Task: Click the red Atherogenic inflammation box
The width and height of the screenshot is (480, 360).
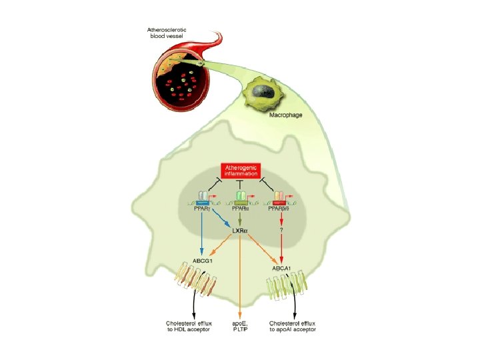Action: point(240,170)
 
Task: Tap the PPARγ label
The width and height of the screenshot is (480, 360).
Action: point(202,209)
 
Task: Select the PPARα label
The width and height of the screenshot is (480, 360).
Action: point(240,209)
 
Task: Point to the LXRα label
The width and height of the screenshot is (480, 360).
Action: point(240,231)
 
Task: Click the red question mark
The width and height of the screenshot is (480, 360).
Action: point(281,231)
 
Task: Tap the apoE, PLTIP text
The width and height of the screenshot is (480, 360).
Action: point(240,325)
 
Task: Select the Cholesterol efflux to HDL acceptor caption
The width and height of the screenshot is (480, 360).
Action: point(193,325)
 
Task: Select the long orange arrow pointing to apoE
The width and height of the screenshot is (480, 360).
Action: point(240,280)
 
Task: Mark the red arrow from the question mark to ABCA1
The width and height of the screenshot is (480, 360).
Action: point(281,247)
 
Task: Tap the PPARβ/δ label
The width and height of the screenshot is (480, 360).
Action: point(280,209)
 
